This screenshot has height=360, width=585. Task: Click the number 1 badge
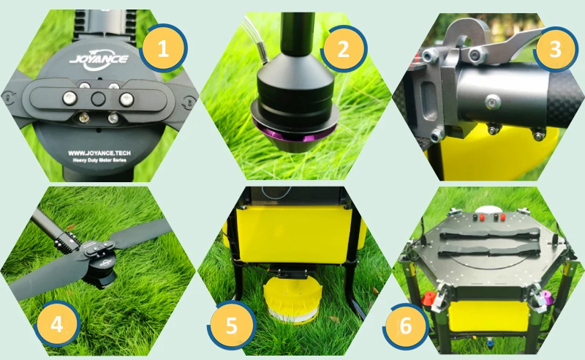(x=163, y=48)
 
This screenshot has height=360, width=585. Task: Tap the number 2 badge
(x=344, y=48)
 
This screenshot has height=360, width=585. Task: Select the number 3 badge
(x=556, y=49)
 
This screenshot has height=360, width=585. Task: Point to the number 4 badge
(x=57, y=323)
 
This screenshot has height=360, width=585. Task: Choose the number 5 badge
(x=232, y=325)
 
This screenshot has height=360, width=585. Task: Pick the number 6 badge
(x=406, y=326)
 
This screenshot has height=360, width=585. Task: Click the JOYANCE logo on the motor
(x=99, y=61)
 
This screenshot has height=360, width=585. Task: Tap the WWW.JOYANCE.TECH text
(x=99, y=153)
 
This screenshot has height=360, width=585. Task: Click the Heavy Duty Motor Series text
(x=99, y=160)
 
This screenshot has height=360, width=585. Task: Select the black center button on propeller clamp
(x=98, y=99)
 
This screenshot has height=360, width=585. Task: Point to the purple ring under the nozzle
(x=295, y=132)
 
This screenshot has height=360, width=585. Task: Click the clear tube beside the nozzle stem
(x=254, y=37)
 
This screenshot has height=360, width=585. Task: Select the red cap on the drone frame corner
(x=429, y=299)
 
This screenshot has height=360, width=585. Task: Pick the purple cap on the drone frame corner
(x=546, y=297)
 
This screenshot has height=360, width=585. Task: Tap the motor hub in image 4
(x=99, y=263)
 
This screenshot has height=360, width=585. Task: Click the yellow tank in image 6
(x=488, y=316)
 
